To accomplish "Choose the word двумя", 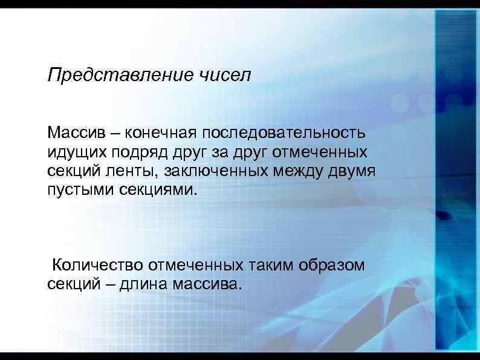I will tap(354, 171).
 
